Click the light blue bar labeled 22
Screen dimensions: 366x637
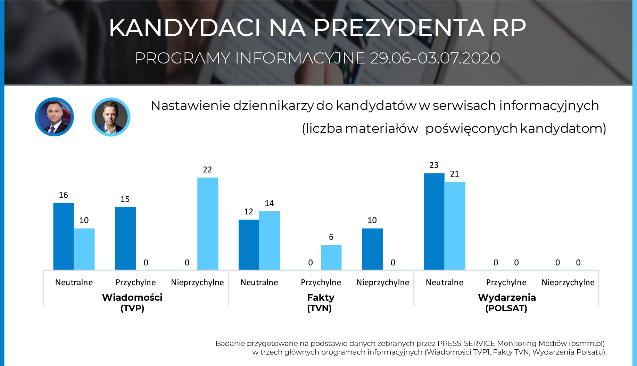pos(208,224)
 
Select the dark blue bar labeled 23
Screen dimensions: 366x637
pos(434,221)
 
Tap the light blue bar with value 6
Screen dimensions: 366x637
pos(331,257)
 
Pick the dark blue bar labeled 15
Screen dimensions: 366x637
pos(125,238)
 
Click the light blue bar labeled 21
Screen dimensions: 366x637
pos(455,226)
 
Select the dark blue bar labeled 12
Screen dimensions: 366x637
pos(249,245)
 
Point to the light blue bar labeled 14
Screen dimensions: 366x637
pos(269,240)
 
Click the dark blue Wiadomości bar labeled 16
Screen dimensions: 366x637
pos(63,236)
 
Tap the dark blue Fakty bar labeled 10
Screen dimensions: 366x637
pos(372,249)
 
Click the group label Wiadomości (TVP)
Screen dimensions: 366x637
pos(132,303)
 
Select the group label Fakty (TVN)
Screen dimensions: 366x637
pos(320,303)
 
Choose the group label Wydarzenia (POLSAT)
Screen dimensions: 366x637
pos(506,303)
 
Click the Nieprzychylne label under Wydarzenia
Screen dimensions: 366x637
pos(568,282)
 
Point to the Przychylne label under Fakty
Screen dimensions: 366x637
pos(321,282)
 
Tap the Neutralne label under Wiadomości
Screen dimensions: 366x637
pos(74,282)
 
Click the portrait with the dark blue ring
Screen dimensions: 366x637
pos(55,117)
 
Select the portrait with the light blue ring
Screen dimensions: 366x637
pos(111,117)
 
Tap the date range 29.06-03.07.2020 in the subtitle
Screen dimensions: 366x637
pos(435,58)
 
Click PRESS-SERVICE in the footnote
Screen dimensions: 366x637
pos(466,343)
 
